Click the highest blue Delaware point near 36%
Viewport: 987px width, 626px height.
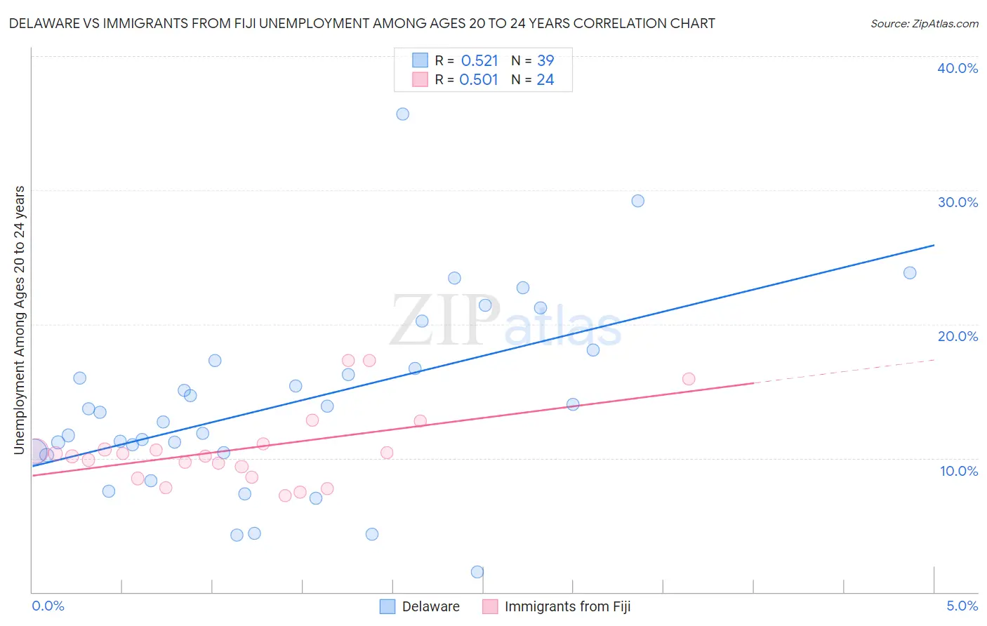pyautogui.click(x=402, y=114)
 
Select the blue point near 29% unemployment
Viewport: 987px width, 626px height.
pyautogui.click(x=637, y=201)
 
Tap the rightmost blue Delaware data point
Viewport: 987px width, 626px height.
pyautogui.click(x=910, y=272)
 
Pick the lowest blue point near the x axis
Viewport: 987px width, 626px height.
pyautogui.click(x=477, y=571)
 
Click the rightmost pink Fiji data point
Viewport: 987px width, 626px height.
pyautogui.click(x=689, y=379)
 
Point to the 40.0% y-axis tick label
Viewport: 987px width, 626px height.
pyautogui.click(x=958, y=68)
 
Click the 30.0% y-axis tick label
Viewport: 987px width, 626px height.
pyautogui.click(x=958, y=202)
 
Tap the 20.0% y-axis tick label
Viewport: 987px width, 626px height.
pyautogui.click(x=958, y=336)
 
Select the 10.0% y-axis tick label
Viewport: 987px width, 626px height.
pyautogui.click(x=959, y=471)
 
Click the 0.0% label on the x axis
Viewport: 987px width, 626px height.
pyautogui.click(x=48, y=606)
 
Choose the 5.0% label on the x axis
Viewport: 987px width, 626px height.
pyautogui.click(x=962, y=606)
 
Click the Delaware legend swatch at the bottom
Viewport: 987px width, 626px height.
pyautogui.click(x=387, y=606)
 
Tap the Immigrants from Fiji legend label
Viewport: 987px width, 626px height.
pyautogui.click(x=567, y=606)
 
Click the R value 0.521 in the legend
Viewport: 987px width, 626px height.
pyautogui.click(x=479, y=61)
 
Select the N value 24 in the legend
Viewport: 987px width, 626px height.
pyautogui.click(x=545, y=80)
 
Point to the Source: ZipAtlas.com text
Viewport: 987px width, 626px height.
pyautogui.click(x=924, y=24)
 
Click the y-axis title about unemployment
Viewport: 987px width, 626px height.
pyautogui.click(x=20, y=320)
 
